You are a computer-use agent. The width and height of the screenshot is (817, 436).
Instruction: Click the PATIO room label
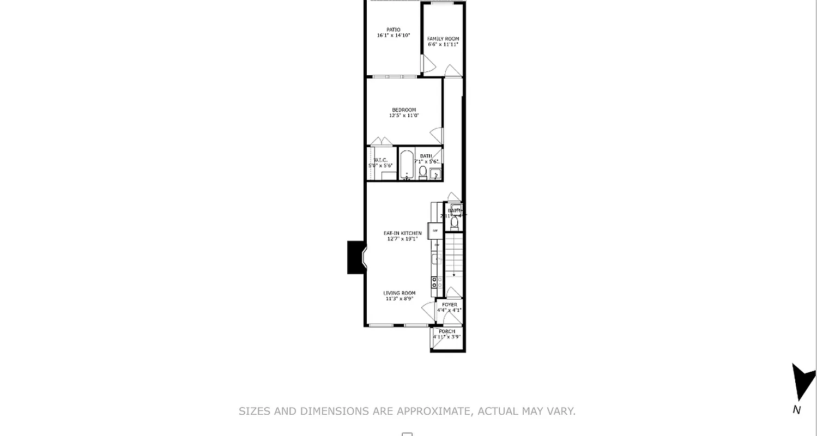point(393,30)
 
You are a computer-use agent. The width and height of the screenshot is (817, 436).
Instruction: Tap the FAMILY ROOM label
point(443,39)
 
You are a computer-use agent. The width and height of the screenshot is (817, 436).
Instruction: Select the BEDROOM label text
point(403,110)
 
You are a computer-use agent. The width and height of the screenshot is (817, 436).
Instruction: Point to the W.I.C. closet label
point(380,160)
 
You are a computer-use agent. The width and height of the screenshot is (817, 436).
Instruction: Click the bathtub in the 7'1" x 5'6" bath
point(407,164)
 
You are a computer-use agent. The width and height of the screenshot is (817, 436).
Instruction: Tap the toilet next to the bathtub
point(423,172)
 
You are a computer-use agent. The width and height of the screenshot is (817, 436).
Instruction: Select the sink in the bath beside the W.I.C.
point(435,174)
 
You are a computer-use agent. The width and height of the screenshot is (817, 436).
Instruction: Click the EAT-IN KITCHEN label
point(402,233)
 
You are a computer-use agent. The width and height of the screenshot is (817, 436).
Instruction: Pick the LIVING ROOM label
point(399,293)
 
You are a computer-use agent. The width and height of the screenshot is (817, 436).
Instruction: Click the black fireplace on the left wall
point(356,257)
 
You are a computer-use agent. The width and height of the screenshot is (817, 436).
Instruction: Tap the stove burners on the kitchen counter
point(437,282)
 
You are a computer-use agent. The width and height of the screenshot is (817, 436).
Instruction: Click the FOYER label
point(449,305)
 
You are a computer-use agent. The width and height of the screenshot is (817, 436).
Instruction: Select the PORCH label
point(446,331)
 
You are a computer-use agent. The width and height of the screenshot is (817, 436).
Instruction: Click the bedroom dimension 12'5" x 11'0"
point(403,116)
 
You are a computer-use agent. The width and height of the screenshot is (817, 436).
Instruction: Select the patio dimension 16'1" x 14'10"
point(393,35)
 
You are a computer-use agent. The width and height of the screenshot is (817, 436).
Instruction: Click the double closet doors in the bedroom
point(382,142)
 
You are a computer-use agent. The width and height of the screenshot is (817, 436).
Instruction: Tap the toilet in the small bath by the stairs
point(455,223)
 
